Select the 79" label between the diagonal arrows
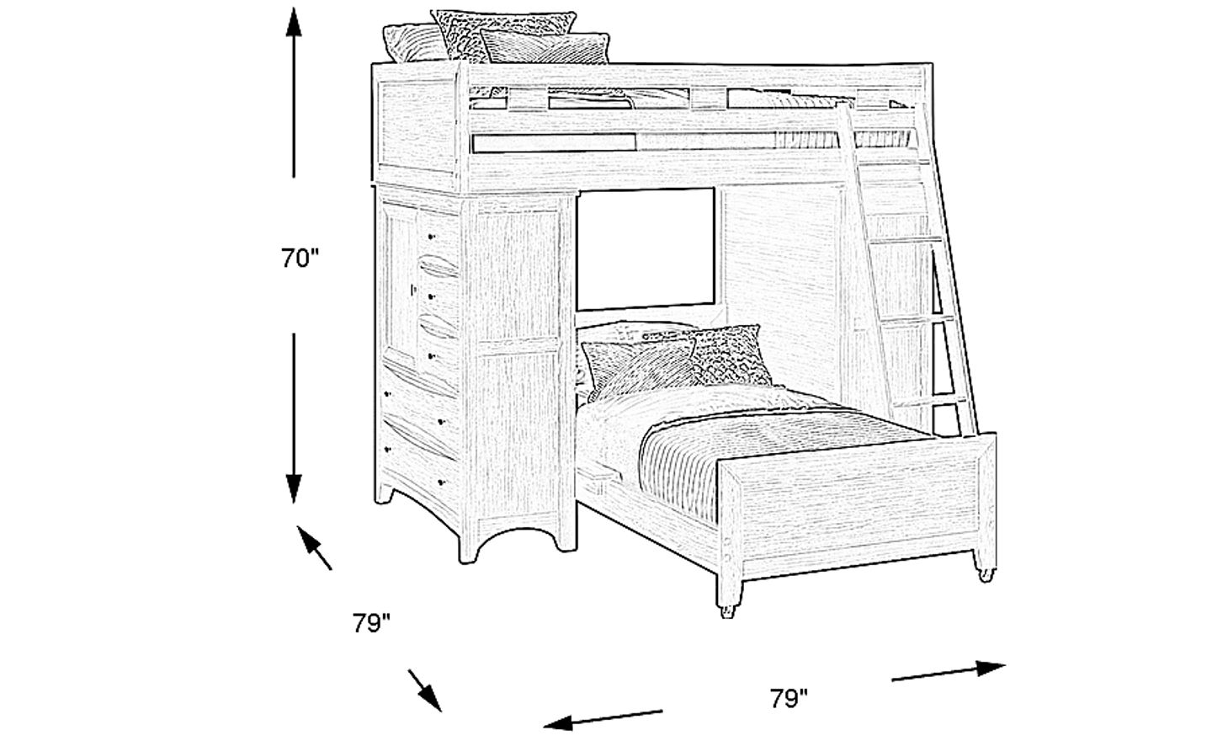click(x=372, y=624)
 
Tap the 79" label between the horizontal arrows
click(x=789, y=698)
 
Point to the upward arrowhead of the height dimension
click(x=293, y=21)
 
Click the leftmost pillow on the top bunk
click(x=412, y=44)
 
